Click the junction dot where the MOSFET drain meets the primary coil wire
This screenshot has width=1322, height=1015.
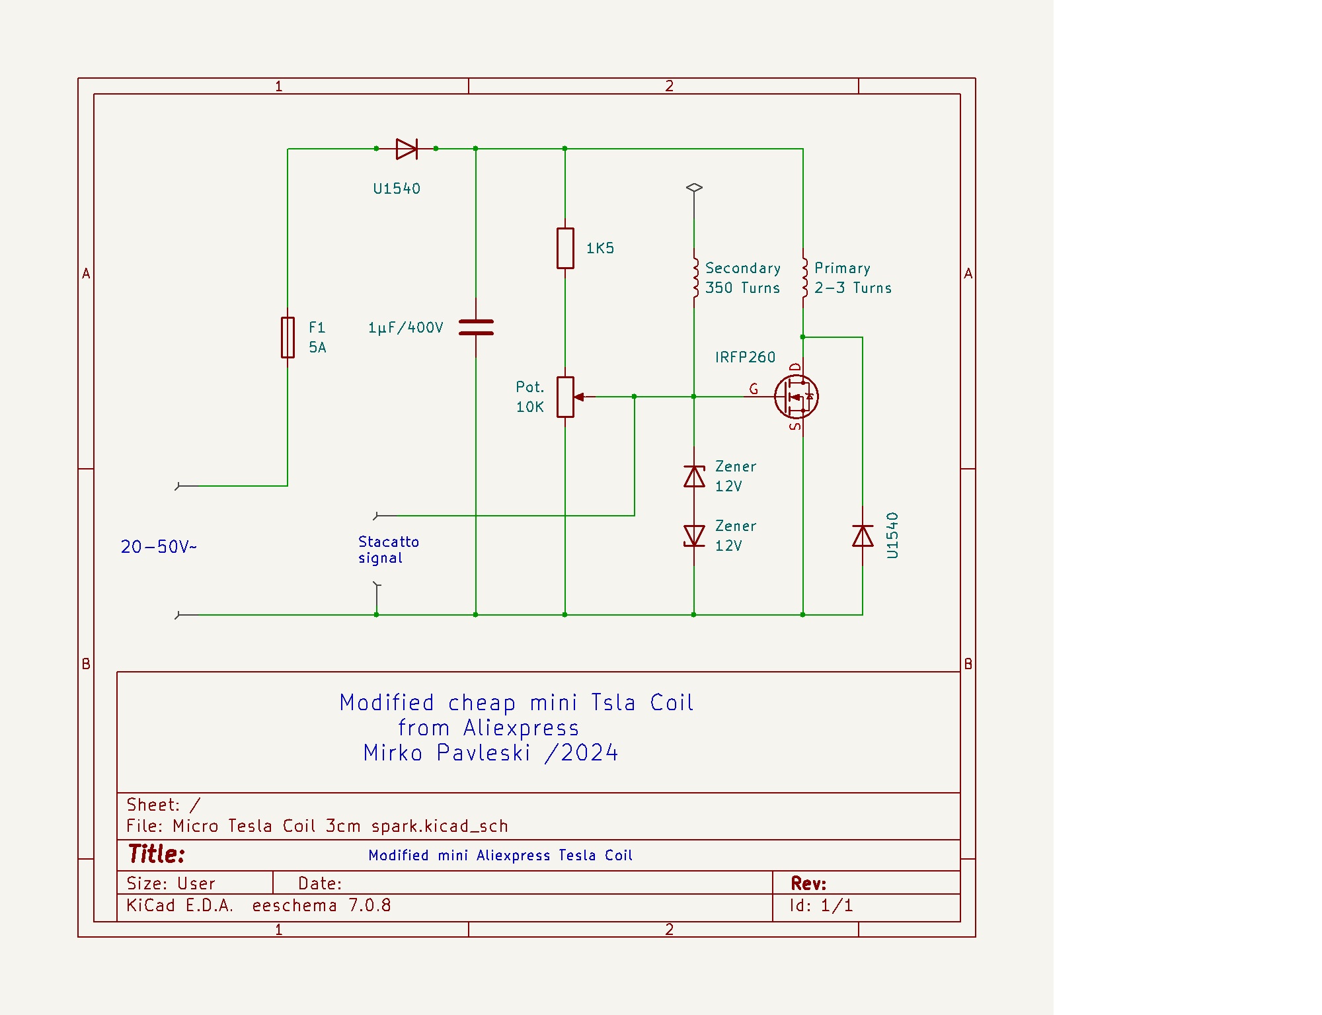803,337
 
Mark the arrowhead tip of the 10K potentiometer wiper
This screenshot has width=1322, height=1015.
574,397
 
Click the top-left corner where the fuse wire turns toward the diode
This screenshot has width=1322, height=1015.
288,149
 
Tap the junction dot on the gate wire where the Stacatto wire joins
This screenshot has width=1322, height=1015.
635,397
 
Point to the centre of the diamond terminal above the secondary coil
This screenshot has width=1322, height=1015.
694,188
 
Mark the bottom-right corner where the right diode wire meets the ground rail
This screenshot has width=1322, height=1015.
863,615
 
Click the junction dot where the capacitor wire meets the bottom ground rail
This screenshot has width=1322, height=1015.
476,615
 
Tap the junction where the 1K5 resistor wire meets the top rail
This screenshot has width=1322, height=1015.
565,149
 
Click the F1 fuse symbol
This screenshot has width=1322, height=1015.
288,337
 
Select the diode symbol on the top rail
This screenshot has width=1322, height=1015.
407,149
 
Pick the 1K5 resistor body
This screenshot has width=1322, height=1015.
565,248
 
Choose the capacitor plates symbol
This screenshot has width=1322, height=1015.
476,327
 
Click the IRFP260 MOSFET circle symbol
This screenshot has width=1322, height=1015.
797,397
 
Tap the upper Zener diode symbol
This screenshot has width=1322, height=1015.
694,476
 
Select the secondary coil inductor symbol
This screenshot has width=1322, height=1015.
695,278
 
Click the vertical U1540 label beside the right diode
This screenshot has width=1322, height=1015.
892,536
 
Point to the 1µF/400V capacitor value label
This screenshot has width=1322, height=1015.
406,327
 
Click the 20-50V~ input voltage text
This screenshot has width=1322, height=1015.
159,547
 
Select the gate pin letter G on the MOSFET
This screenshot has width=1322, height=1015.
754,389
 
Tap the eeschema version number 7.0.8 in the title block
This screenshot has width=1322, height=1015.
369,905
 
